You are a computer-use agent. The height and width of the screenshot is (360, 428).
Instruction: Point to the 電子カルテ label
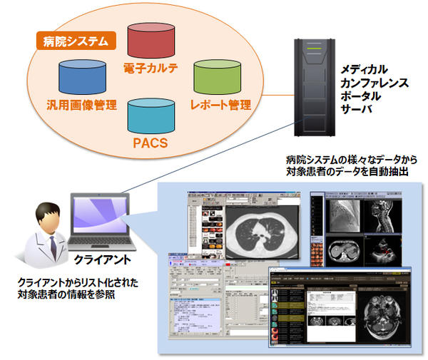pos(151,69)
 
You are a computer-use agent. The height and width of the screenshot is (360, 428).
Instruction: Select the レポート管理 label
pos(220,105)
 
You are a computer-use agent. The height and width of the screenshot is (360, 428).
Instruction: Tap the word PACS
pos(150,143)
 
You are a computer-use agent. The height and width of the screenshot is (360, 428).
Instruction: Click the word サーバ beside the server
pos(357,110)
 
